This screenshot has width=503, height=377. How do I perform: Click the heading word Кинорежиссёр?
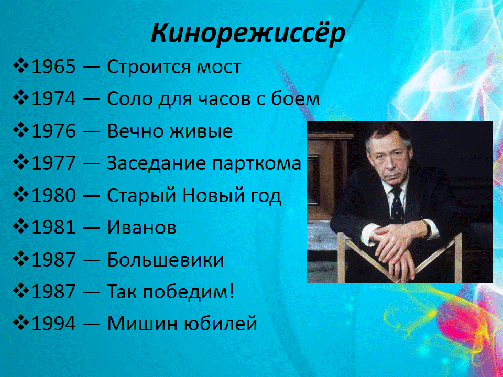[248, 33]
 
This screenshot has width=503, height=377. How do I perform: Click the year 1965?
[53, 67]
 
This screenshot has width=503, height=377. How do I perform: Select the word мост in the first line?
[219, 68]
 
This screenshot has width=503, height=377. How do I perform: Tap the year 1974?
[53, 99]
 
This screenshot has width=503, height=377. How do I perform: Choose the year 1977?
[53, 163]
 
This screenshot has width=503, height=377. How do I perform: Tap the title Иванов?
[142, 227]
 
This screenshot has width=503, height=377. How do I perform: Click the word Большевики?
[166, 259]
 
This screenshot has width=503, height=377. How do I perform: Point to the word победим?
[189, 292]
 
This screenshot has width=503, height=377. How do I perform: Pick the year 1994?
[53, 324]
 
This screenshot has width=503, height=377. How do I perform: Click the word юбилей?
[220, 324]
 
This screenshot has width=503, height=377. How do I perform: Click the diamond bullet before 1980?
[20, 195]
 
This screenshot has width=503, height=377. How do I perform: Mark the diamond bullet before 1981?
[20, 227]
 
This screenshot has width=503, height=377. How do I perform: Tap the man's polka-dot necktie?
[397, 205]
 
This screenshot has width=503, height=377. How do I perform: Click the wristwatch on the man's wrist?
[427, 228]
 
